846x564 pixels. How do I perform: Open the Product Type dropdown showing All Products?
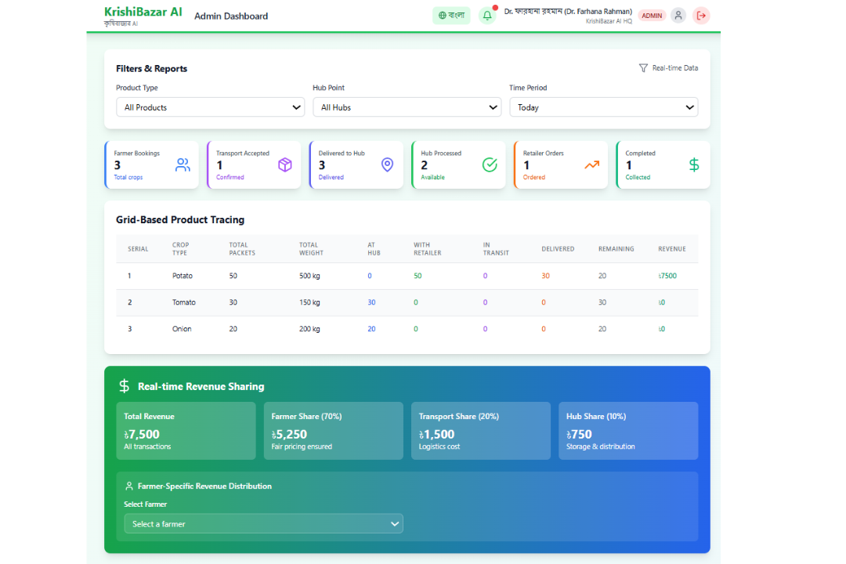click(210, 107)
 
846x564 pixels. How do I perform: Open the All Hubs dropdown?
click(407, 107)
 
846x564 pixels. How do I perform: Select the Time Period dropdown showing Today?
click(603, 107)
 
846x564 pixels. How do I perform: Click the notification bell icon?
click(487, 15)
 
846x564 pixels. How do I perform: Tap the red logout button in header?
click(701, 15)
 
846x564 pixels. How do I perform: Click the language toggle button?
click(451, 15)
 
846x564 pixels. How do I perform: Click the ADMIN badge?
click(652, 15)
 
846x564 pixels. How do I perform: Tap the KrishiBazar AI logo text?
click(143, 12)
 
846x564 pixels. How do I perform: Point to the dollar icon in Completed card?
click(694, 164)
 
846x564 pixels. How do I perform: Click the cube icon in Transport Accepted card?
click(285, 164)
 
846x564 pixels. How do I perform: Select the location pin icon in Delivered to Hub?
click(387, 164)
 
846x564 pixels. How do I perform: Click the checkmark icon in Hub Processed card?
click(490, 164)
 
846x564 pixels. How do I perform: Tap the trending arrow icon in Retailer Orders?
click(592, 164)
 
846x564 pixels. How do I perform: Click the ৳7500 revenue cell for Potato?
click(667, 276)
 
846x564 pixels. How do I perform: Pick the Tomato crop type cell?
click(184, 302)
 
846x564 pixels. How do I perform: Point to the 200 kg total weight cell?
click(309, 329)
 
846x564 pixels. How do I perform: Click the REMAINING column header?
click(616, 249)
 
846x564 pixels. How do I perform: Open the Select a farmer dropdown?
click(263, 523)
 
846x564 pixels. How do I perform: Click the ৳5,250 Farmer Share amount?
click(290, 434)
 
